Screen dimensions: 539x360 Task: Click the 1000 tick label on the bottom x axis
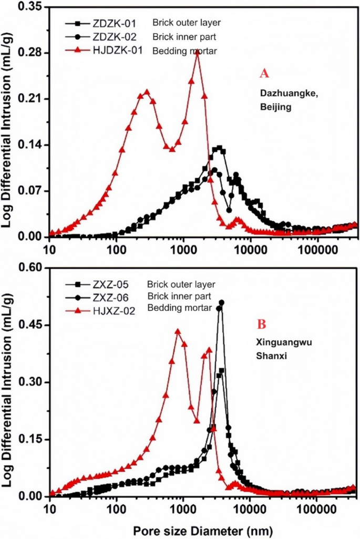183,509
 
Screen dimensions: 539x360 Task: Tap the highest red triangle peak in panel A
198,53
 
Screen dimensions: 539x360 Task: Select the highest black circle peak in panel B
221,303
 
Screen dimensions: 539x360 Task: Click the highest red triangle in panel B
178,332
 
